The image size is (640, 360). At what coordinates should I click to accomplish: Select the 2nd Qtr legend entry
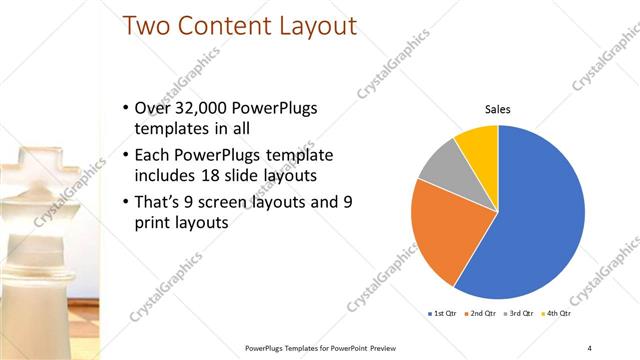(481, 314)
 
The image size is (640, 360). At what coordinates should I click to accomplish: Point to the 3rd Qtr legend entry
(521, 314)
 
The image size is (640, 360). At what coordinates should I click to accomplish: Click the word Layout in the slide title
(309, 26)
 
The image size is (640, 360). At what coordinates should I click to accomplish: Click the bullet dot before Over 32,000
(123, 108)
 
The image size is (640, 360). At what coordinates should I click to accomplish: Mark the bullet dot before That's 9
(123, 202)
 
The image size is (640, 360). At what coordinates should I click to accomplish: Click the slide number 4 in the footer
(590, 347)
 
